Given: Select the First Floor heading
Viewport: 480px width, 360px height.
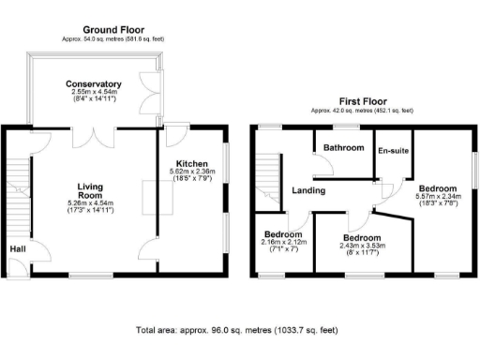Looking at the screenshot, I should pyautogui.click(x=363, y=101).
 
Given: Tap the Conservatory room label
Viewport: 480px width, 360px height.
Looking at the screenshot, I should pyautogui.click(x=94, y=84).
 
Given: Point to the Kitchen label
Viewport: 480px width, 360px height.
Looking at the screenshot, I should pyautogui.click(x=190, y=160).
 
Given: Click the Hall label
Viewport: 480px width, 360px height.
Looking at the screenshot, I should pyautogui.click(x=18, y=249).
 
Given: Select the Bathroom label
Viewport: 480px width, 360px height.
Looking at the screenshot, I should pyautogui.click(x=343, y=148).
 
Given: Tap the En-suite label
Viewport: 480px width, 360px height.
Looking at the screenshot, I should pyautogui.click(x=393, y=150).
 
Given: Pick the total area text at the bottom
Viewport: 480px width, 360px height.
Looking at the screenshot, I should pyautogui.click(x=235, y=331).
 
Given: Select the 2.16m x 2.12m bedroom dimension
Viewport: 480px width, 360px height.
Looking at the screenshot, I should pyautogui.click(x=281, y=243).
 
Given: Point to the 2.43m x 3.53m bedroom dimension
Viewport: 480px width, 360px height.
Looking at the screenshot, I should pyautogui.click(x=360, y=247).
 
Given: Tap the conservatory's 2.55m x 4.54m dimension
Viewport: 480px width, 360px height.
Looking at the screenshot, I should pyautogui.click(x=94, y=94).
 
